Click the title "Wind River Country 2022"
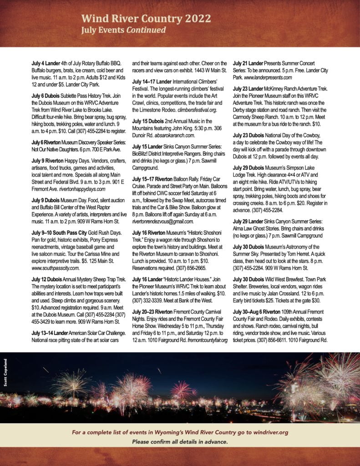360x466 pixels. click(x=146, y=19)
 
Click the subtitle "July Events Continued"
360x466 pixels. click(x=123, y=30)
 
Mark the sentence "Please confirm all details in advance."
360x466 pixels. click(x=179, y=442)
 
